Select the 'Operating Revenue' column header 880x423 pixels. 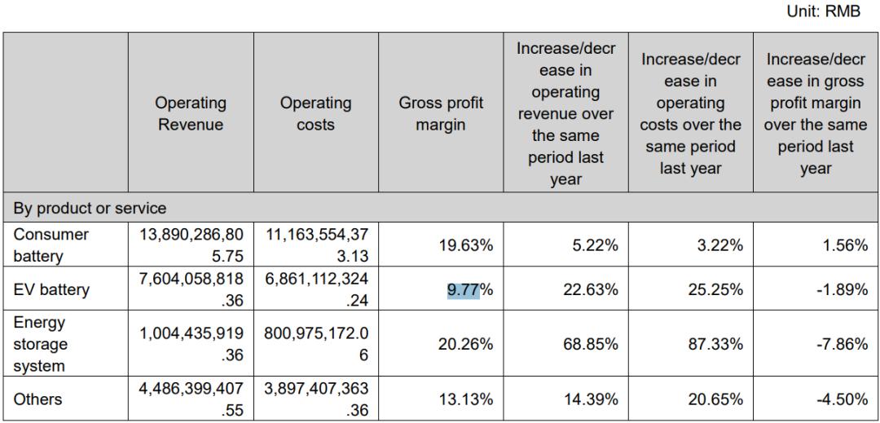191,114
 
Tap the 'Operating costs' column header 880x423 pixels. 315,114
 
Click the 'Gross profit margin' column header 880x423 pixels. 440,114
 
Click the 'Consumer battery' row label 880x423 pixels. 51,244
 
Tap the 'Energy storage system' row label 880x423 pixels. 41,345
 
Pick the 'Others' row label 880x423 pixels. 37,400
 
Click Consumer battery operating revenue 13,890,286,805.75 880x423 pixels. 191,244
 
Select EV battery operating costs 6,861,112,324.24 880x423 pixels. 315,290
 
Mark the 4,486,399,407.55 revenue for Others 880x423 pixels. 191,400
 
